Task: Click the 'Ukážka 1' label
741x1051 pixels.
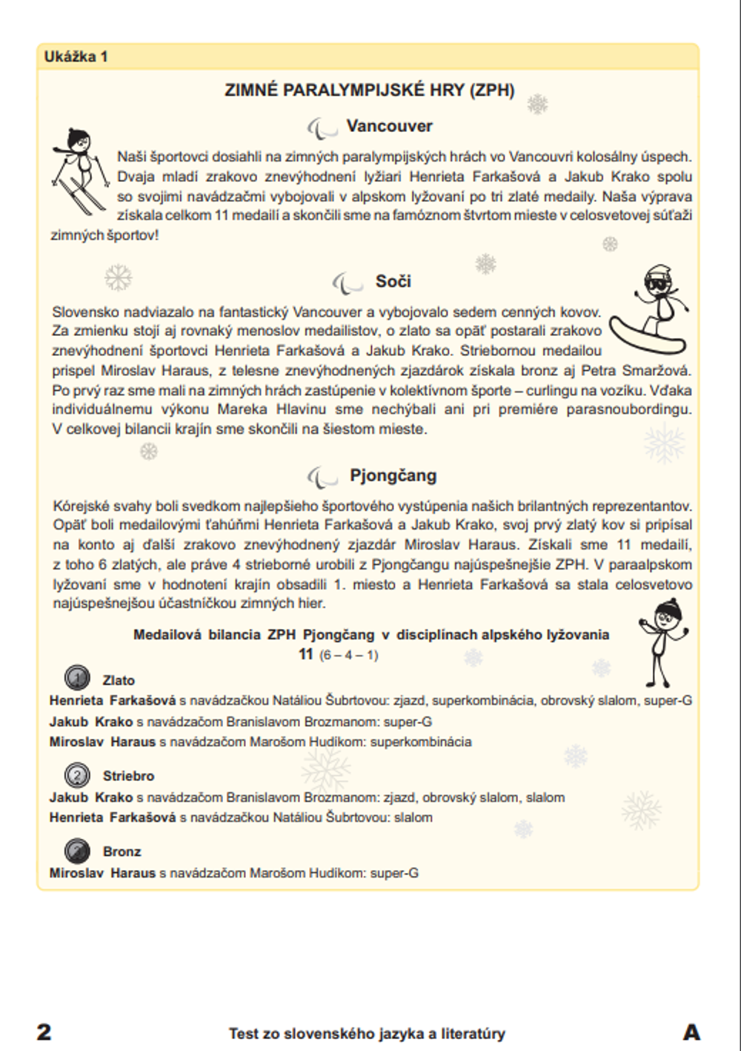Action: (76, 56)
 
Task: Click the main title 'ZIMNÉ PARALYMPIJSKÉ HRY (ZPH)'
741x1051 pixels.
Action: (369, 90)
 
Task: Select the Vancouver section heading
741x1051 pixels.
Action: (389, 126)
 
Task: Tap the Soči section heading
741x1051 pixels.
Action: (393, 282)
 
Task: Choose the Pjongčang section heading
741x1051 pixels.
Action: (393, 475)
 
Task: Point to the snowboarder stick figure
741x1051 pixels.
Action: (651, 312)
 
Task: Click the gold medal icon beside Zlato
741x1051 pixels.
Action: (77, 678)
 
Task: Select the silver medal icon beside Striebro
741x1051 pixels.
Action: (77, 775)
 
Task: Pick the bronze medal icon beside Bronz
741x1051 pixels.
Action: (77, 850)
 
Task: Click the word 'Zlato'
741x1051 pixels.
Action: (119, 680)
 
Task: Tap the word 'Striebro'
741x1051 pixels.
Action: (128, 776)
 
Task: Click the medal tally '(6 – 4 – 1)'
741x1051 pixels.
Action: (348, 656)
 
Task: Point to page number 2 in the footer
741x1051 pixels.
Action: (44, 1032)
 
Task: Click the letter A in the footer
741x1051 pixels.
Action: (691, 1032)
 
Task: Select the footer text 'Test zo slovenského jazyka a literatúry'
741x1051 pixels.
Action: (367, 1033)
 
